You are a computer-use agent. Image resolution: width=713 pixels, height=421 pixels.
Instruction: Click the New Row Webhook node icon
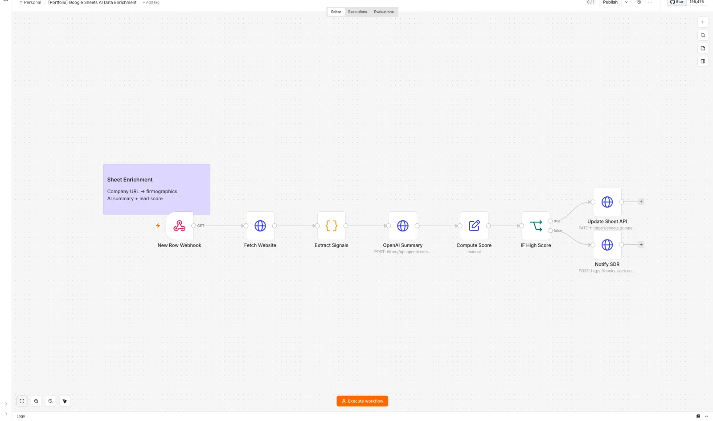click(x=179, y=226)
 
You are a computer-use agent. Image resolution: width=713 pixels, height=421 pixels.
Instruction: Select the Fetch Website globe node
click(x=260, y=226)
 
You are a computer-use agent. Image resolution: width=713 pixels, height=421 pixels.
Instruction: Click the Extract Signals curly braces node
click(x=332, y=226)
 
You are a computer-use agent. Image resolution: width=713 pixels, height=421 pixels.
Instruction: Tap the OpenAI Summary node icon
click(x=403, y=226)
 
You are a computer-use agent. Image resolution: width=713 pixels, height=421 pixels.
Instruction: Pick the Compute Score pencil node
click(x=474, y=226)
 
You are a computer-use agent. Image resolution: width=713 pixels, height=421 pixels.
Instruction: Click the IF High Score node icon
click(x=536, y=226)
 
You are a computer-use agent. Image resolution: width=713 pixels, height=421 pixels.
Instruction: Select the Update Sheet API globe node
click(x=607, y=202)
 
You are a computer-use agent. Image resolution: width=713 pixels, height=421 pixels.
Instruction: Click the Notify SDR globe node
click(x=607, y=245)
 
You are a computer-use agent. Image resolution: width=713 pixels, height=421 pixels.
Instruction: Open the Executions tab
click(x=357, y=12)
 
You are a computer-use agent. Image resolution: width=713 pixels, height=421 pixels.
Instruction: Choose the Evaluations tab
click(x=384, y=12)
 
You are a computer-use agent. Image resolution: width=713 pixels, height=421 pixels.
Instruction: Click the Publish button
click(x=610, y=2)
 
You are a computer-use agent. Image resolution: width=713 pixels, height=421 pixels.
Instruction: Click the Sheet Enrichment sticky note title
click(x=130, y=180)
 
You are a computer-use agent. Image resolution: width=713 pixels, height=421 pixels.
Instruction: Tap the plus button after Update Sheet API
click(x=641, y=202)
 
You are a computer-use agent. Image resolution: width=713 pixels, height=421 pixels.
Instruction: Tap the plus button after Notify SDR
click(x=641, y=244)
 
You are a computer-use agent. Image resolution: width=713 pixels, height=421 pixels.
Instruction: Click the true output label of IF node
click(x=557, y=221)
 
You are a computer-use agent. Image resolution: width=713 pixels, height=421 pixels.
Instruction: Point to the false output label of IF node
click(x=557, y=231)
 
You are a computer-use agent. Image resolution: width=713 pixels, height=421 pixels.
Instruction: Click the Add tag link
click(x=151, y=3)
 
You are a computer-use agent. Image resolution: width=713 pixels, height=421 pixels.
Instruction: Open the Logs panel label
click(x=20, y=416)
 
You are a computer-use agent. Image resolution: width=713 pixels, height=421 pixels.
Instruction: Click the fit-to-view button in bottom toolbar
click(x=22, y=401)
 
